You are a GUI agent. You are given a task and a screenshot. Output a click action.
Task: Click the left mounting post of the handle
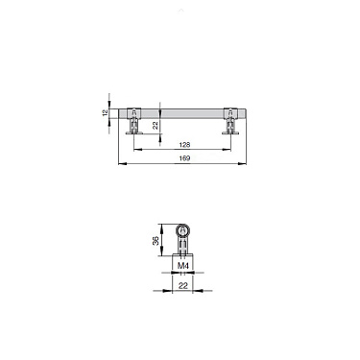point(137,124)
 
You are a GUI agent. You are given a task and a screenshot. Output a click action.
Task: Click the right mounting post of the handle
point(230,124)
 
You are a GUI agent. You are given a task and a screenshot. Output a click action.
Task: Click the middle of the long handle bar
point(183,111)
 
